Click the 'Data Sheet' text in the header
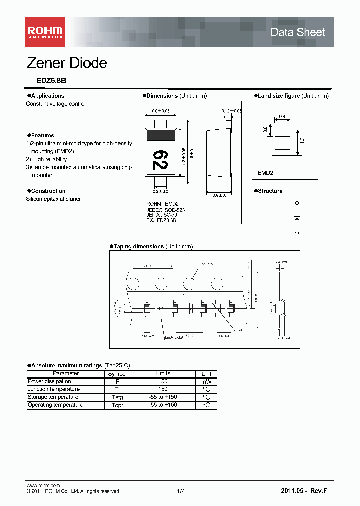(297, 32)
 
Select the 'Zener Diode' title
(66, 63)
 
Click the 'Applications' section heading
(47, 96)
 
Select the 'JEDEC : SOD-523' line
(165, 210)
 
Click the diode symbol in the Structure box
(297, 218)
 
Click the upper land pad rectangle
(282, 130)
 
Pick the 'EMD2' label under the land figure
(265, 173)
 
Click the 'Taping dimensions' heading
(138, 247)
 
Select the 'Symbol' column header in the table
(117, 374)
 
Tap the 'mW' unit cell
(206, 381)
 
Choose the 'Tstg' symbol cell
(117, 397)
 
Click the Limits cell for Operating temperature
(163, 405)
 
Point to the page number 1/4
(181, 492)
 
